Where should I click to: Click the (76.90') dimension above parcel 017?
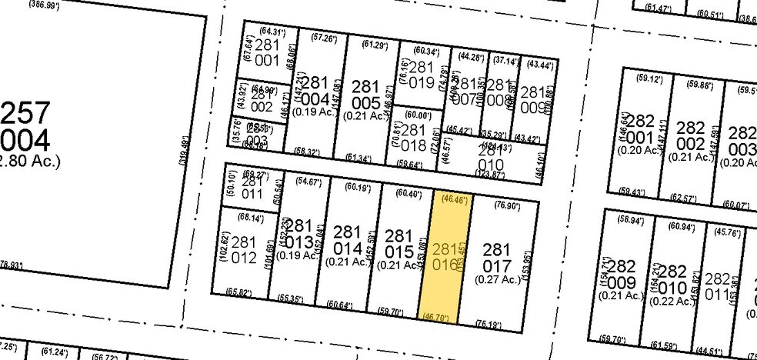[x=503, y=206]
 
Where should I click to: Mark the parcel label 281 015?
[x=399, y=245]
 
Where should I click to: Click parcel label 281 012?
[x=243, y=251]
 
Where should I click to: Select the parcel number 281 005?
[x=365, y=94]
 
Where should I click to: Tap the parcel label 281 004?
[x=315, y=92]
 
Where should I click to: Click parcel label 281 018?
[x=414, y=138]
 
